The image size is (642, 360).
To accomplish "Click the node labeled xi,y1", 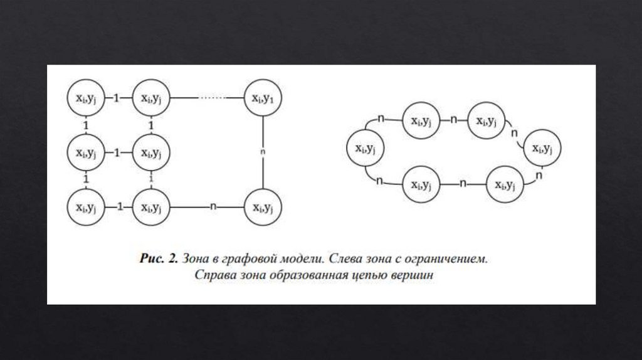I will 263,98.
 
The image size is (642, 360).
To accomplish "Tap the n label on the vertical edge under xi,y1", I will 263,151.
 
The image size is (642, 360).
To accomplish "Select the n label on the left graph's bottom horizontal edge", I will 213,206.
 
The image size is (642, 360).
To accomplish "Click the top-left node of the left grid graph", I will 85,98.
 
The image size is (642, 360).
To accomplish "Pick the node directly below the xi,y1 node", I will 263,206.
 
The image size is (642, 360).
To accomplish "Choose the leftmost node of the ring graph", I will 364,149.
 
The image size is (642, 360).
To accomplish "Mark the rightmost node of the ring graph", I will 541,149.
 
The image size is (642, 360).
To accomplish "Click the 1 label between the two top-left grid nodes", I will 116,98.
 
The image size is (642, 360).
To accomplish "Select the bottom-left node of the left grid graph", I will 85,206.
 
